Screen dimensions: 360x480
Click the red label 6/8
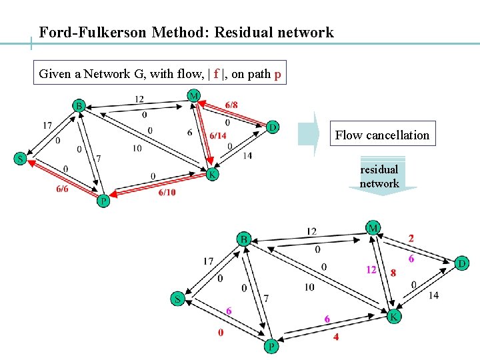tap(231, 105)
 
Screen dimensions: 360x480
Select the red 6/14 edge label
tap(218, 135)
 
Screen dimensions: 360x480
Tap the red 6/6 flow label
tap(62, 189)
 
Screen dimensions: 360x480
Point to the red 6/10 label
tap(167, 193)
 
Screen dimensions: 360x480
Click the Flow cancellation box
tap(382, 135)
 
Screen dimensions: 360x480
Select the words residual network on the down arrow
tap(379, 177)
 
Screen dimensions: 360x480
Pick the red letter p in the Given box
tap(277, 74)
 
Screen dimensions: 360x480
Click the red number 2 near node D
tap(411, 238)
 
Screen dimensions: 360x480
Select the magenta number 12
tap(371, 270)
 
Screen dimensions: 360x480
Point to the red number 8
tap(393, 273)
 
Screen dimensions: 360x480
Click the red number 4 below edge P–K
tap(336, 337)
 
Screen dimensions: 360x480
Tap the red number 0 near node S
tap(221, 332)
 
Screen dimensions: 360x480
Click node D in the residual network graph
tap(461, 264)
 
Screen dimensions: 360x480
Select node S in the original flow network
tap(21, 159)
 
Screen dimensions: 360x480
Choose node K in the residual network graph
tap(394, 317)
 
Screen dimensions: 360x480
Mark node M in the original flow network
tap(193, 96)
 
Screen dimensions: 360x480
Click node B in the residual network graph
tap(244, 239)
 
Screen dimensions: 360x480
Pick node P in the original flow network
tap(103, 201)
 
